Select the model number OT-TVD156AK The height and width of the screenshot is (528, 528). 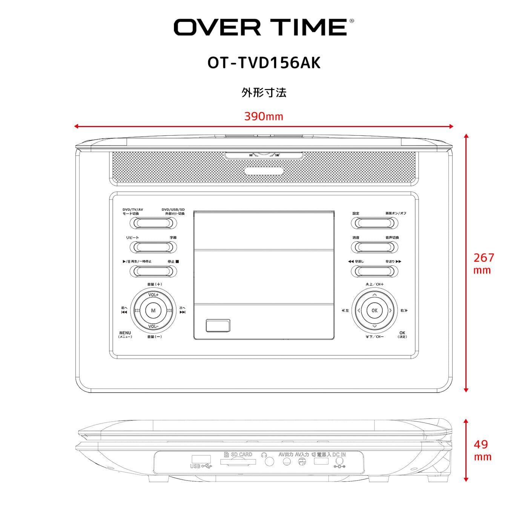point(264,63)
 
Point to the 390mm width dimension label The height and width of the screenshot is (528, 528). point(264,116)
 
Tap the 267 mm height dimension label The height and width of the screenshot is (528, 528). point(483,263)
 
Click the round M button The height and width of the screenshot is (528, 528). point(153,311)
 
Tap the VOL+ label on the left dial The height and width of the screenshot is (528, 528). point(153,295)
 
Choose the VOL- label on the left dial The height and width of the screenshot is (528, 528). point(153,327)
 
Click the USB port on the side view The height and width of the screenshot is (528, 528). point(201,459)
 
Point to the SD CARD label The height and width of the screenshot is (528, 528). point(241,454)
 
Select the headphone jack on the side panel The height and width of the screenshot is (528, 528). point(269,461)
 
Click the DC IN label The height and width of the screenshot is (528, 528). point(339,454)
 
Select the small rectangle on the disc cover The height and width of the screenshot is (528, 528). point(218,325)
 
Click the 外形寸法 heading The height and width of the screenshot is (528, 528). point(264,92)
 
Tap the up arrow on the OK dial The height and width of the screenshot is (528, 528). point(374,295)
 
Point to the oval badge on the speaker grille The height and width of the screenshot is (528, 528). point(264,171)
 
